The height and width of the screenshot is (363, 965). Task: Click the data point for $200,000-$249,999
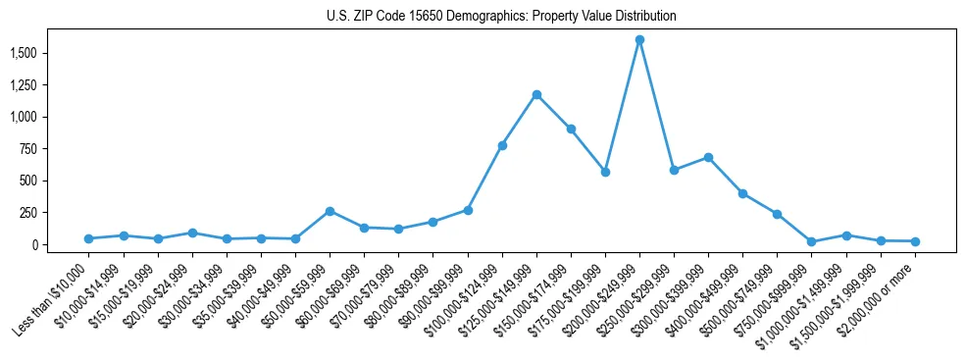pyautogui.click(x=639, y=40)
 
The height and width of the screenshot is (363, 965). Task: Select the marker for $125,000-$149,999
pyautogui.click(x=536, y=94)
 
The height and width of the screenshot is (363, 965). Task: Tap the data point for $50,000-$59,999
pyautogui.click(x=330, y=211)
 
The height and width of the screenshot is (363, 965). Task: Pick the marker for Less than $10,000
pyautogui.click(x=89, y=238)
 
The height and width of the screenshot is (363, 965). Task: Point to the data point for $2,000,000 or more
pyautogui.click(x=915, y=241)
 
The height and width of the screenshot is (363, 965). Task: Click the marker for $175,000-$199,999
pyautogui.click(x=605, y=172)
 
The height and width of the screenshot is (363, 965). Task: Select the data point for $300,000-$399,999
pyautogui.click(x=708, y=157)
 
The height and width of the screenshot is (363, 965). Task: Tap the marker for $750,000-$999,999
pyautogui.click(x=811, y=241)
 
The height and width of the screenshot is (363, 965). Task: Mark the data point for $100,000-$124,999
pyautogui.click(x=502, y=145)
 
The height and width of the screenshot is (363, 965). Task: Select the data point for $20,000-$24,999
pyautogui.click(x=192, y=233)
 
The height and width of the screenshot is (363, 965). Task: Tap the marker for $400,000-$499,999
pyautogui.click(x=742, y=193)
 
